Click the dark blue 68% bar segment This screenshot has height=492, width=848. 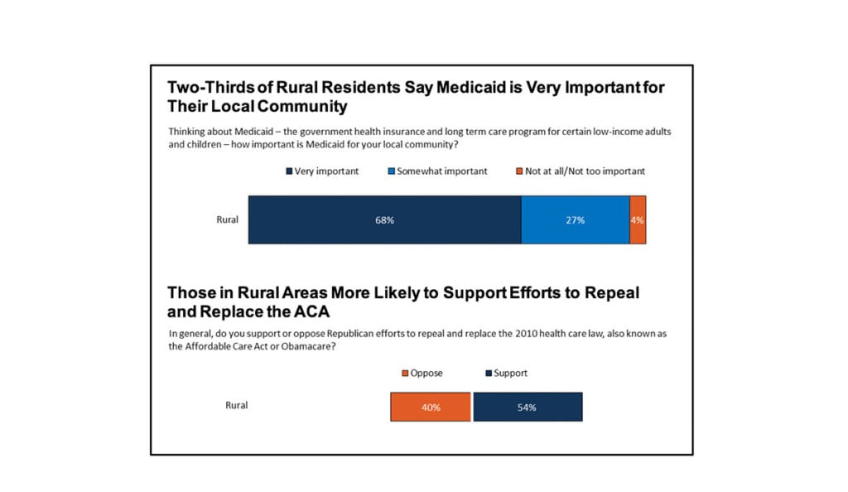pos(384,220)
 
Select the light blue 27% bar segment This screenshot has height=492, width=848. pos(576,220)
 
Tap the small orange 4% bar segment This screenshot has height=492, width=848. pos(638,220)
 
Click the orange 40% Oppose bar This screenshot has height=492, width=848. pos(431,407)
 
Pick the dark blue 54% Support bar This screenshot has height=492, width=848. pos(528,407)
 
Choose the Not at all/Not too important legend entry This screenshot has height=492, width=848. pos(580,171)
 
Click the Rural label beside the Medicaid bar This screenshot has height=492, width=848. pos(227,220)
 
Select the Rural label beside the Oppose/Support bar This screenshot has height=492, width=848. pos(237,406)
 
